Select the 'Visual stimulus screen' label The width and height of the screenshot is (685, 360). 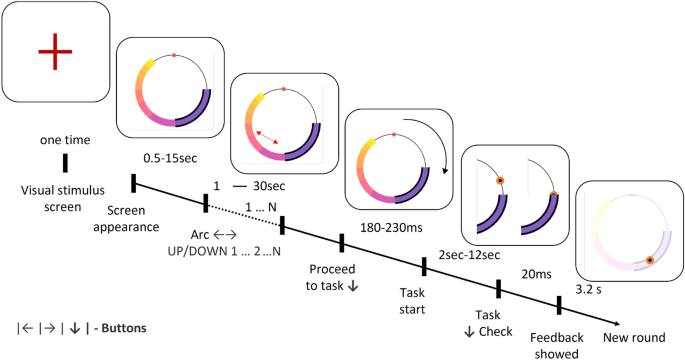(x=64, y=195)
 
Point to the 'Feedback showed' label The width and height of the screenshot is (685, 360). (x=556, y=345)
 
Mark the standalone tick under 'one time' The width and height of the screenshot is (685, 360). (x=66, y=163)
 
